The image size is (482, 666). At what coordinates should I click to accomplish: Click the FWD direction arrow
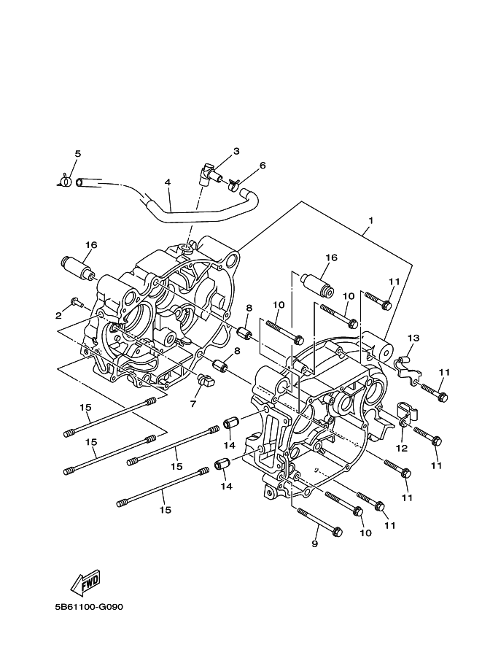pyautogui.click(x=85, y=582)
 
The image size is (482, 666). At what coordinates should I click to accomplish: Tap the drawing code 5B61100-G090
pyautogui.click(x=89, y=619)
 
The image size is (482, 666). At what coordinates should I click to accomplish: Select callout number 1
pyautogui.click(x=370, y=221)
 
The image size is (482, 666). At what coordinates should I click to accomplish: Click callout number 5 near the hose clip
pyautogui.click(x=78, y=154)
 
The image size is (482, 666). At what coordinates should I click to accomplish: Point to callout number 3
pyautogui.click(x=236, y=151)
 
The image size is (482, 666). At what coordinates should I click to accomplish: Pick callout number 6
pyautogui.click(x=263, y=166)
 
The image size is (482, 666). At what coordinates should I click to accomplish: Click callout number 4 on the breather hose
pyautogui.click(x=168, y=182)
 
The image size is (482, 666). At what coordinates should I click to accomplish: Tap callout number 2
pyautogui.click(x=58, y=315)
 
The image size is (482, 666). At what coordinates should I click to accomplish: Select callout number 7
pyautogui.click(x=193, y=403)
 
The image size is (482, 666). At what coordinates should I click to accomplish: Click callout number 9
pyautogui.click(x=315, y=543)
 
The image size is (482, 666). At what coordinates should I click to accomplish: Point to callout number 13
pyautogui.click(x=413, y=338)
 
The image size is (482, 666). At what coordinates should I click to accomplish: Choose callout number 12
pyautogui.click(x=402, y=448)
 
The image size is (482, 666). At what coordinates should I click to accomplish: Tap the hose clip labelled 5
pyautogui.click(x=65, y=182)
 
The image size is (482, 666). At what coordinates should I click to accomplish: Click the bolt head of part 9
pyautogui.click(x=338, y=531)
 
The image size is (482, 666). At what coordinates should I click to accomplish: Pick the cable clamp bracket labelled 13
pyautogui.click(x=408, y=368)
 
